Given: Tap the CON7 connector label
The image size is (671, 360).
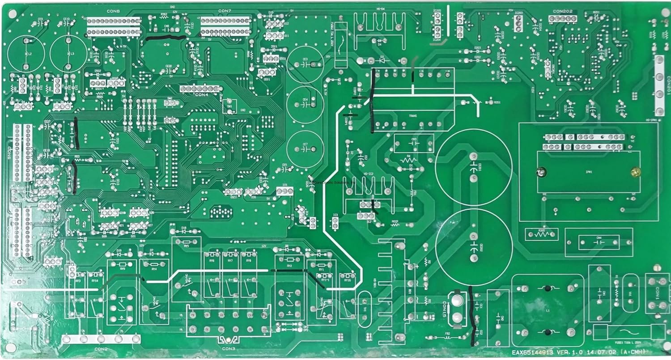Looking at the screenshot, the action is [225, 10].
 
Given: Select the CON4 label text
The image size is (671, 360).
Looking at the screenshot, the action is [201, 95].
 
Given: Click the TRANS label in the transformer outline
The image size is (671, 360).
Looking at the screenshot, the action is [412, 116].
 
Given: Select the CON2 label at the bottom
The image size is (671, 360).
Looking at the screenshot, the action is [101, 348].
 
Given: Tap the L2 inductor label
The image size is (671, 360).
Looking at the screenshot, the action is [30, 53].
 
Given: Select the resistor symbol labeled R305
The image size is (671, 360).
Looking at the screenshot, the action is [542, 233].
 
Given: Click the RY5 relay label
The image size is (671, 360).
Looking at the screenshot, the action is [186, 245].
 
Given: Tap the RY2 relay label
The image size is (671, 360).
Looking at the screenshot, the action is [289, 266].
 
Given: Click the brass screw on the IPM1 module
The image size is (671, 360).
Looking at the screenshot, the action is [633, 171].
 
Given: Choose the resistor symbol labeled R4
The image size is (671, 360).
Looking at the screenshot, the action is [408, 159].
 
